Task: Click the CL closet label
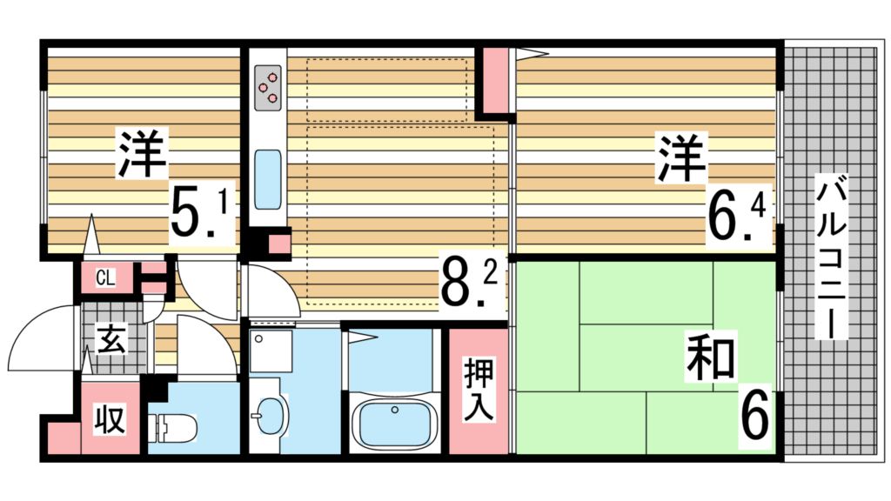tap(105, 277)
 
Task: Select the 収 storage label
tap(110, 419)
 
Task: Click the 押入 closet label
tap(479, 390)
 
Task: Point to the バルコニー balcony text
tap(832, 257)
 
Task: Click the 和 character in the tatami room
tap(710, 357)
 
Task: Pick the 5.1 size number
tap(199, 213)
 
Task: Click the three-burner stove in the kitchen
tap(268, 88)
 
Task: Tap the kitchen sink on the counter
tap(268, 179)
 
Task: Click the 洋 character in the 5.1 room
tap(142, 153)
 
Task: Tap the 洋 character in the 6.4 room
tap(680, 157)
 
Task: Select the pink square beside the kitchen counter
tap(278, 244)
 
